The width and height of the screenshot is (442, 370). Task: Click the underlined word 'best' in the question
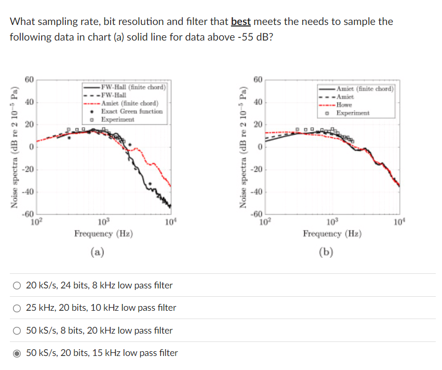241,22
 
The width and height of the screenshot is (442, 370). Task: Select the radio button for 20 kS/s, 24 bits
18,285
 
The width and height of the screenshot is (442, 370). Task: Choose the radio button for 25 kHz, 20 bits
18,308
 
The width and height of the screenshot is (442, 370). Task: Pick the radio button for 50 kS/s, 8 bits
18,331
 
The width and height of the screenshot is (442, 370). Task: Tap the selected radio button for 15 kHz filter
18,353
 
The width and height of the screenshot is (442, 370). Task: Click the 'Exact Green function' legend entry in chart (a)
131,111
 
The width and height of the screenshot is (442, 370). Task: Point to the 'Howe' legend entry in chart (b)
345,105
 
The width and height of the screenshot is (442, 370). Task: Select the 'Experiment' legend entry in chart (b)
353,113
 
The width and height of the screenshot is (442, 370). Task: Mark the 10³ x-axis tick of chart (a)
103,223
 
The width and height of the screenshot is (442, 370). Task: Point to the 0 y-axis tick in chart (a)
31,148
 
